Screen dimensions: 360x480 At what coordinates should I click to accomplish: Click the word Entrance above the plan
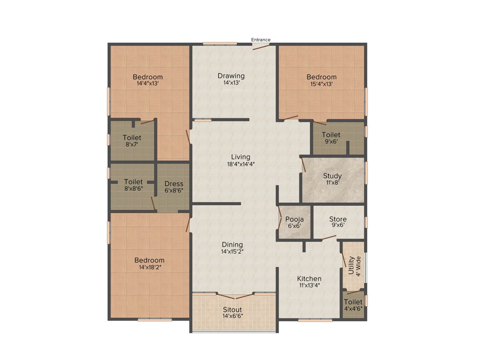pyautogui.click(x=261, y=40)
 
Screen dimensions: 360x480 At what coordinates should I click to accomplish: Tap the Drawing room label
pyautogui.click(x=231, y=75)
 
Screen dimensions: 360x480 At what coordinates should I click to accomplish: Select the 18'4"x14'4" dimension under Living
pyautogui.click(x=240, y=164)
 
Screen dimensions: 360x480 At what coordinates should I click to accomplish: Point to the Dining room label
pyautogui.click(x=232, y=244)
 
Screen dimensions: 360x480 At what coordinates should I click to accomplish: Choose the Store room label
pyautogui.click(x=337, y=219)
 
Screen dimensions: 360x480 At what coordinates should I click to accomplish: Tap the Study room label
pyautogui.click(x=332, y=176)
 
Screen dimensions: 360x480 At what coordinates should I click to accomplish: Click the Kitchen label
pyautogui.click(x=309, y=278)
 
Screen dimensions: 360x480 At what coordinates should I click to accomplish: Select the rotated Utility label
pyautogui.click(x=351, y=265)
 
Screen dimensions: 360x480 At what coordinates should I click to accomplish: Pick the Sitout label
pyautogui.click(x=232, y=309)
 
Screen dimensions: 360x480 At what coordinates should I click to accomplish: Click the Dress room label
pyautogui.click(x=173, y=184)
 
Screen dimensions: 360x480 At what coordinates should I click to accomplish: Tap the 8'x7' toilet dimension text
pyautogui.click(x=132, y=145)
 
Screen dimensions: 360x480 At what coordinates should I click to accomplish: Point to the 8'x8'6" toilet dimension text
pyautogui.click(x=133, y=189)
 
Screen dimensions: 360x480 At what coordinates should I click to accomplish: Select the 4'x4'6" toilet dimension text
pyautogui.click(x=353, y=309)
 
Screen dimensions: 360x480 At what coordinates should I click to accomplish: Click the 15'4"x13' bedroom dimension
pyautogui.click(x=322, y=84)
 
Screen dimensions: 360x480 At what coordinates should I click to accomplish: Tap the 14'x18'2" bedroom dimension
pyautogui.click(x=150, y=267)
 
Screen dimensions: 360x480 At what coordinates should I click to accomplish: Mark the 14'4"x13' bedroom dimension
pyautogui.click(x=148, y=84)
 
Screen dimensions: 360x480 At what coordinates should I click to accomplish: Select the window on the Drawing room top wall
pyautogui.click(x=220, y=44)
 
